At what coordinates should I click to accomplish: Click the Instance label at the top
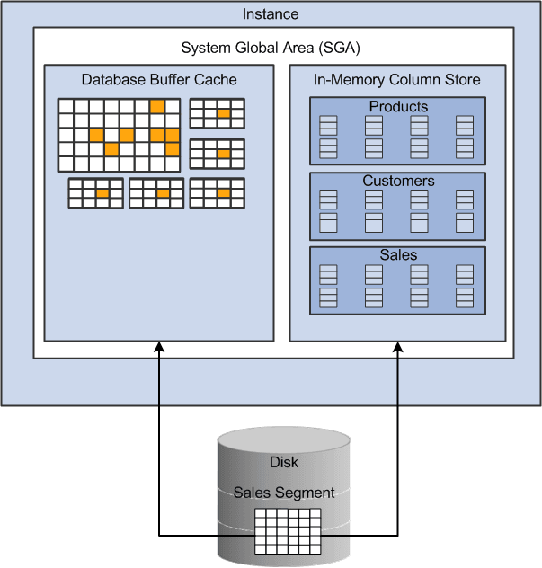271,14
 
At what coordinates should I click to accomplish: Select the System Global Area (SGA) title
271,48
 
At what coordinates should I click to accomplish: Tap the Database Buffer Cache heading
159,79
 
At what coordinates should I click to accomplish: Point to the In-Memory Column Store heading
397,79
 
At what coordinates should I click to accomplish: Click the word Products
398,107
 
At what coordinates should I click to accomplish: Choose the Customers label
398,181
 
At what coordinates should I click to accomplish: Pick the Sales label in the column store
398,255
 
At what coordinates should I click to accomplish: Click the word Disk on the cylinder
284,463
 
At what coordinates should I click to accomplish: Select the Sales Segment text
284,493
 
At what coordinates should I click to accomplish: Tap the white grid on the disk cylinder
288,530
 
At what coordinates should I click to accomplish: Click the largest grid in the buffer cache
120,135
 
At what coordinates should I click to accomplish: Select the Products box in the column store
397,130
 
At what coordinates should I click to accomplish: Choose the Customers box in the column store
397,205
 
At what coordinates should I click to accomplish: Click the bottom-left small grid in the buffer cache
95,193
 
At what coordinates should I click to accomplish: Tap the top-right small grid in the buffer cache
217,114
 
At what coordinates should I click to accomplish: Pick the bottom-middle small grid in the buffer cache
156,193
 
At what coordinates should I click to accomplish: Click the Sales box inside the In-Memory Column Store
397,280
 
